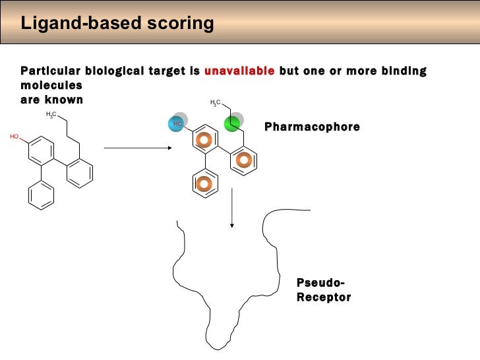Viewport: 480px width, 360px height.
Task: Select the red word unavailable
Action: click(239, 71)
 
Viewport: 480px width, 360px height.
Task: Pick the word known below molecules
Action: click(65, 100)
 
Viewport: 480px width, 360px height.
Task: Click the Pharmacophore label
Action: click(312, 126)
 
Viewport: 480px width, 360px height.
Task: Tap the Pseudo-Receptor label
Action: click(324, 290)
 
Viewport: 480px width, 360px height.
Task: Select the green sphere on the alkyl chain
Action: click(232, 123)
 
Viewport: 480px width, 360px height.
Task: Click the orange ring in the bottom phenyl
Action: click(204, 184)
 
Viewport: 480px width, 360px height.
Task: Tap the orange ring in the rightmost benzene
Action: click(244, 160)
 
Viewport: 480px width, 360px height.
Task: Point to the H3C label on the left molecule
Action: click(52, 115)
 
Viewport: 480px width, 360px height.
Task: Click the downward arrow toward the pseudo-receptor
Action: click(232, 208)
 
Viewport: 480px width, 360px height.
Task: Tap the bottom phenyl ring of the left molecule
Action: click(42, 195)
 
